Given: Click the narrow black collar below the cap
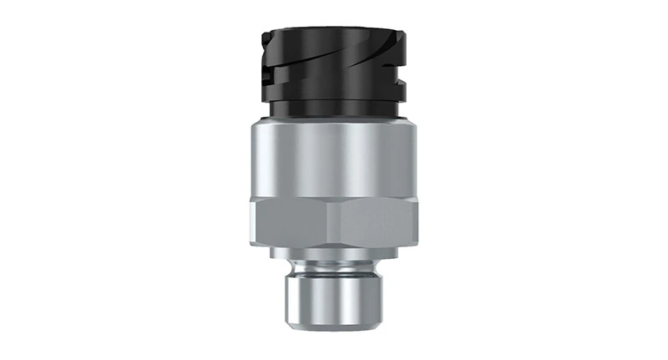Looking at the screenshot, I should pyautogui.click(x=333, y=110).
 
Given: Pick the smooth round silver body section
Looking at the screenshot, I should pyautogui.click(x=333, y=159).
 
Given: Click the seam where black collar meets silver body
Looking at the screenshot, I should pyautogui.click(x=333, y=120).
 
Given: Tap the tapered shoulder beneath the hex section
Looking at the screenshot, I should pyautogui.click(x=334, y=250).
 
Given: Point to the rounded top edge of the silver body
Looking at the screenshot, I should pyautogui.click(x=333, y=125).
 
